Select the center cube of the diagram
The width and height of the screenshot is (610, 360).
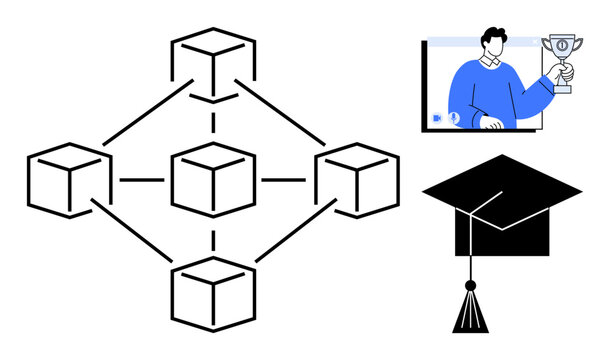point(213,180)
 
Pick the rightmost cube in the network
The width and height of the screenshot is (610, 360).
point(357,180)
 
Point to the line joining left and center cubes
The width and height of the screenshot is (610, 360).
point(141,180)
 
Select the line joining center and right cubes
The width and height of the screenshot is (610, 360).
point(285,180)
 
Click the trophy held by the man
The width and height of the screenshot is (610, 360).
point(562,62)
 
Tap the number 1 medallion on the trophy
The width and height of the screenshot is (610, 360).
point(563,46)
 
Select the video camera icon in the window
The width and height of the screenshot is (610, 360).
point(437,118)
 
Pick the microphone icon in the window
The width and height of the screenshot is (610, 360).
point(453,118)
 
